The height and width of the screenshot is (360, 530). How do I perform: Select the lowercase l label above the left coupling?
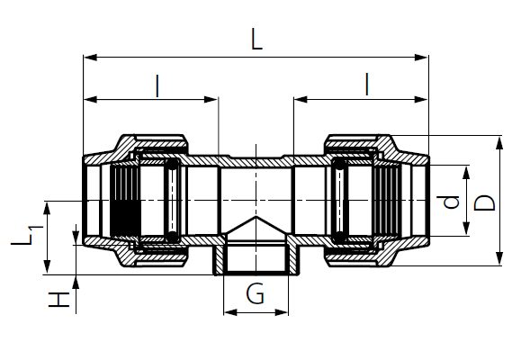[x=158, y=85]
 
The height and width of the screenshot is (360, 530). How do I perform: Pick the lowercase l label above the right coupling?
[x=367, y=85]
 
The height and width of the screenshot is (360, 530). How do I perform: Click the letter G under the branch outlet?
[x=257, y=294]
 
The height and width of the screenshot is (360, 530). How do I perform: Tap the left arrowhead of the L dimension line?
[x=88, y=58]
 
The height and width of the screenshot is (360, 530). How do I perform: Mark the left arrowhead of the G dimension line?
[x=228, y=312]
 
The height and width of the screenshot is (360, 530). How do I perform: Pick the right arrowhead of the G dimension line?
[x=287, y=312]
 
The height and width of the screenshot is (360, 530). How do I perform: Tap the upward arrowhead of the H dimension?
[x=76, y=280]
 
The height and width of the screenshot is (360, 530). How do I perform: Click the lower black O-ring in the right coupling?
[x=341, y=236]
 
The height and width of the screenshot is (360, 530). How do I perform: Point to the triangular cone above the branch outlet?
[x=256, y=226]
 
